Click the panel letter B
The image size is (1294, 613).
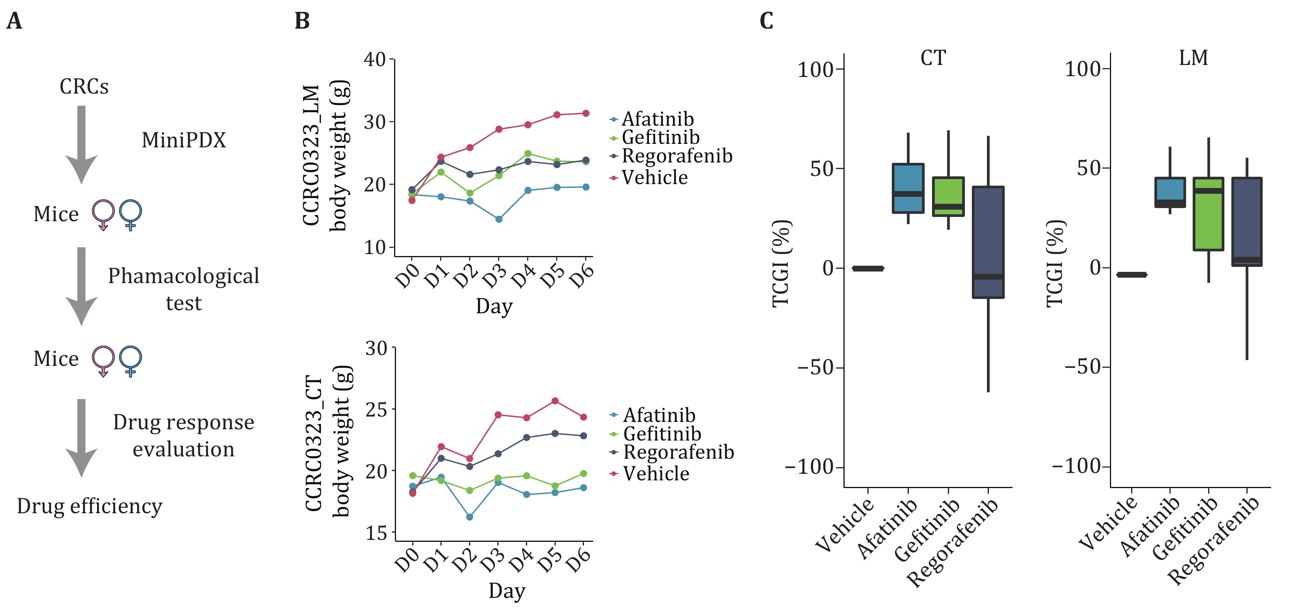302,21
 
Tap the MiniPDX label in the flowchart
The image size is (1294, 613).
184,140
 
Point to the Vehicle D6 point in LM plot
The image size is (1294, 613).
585,114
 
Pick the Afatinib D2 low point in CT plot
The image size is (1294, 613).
469,517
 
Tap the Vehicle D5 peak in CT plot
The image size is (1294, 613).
555,401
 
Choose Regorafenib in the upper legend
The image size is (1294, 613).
677,156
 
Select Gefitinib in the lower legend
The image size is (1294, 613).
662,434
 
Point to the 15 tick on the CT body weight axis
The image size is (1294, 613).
376,533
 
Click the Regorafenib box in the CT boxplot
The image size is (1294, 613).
988,242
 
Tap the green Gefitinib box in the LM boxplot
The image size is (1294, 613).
1208,213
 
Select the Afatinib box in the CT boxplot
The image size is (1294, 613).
908,188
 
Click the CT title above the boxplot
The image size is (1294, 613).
933,58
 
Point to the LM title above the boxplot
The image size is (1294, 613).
1193,58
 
